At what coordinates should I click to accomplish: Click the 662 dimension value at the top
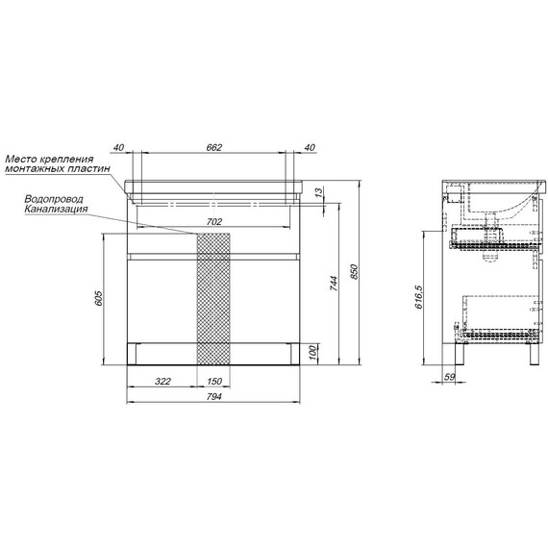[x=213, y=147]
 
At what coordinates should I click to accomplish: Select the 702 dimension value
[x=213, y=221]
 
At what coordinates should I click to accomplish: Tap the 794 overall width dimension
[x=213, y=397]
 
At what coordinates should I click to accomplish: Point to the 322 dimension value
[x=162, y=381]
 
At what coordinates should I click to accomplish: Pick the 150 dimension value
[x=214, y=381]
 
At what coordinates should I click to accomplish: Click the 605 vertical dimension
[x=99, y=298]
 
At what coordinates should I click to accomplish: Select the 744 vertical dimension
[x=335, y=284]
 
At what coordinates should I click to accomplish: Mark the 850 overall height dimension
[x=354, y=271]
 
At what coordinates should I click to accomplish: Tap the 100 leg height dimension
[x=313, y=352]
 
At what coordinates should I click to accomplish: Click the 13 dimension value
[x=319, y=192]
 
